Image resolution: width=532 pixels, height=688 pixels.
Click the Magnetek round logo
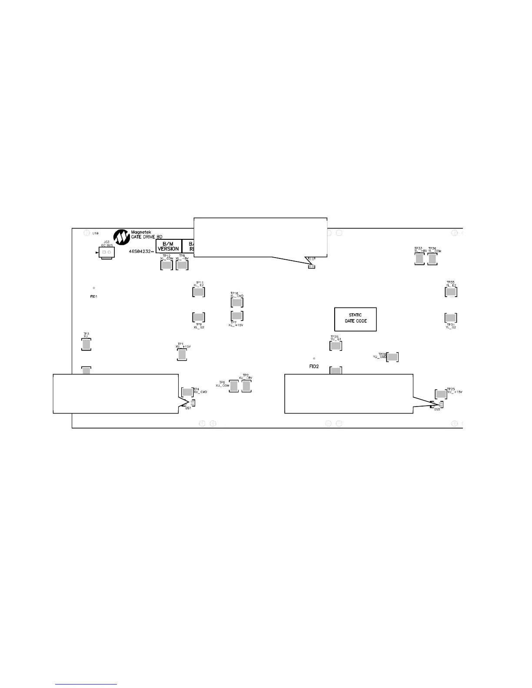121,237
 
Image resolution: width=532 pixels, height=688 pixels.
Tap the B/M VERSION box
168,246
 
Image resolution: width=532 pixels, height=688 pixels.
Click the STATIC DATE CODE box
355,319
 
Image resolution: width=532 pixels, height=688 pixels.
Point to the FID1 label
93,296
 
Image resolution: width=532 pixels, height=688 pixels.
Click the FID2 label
314,367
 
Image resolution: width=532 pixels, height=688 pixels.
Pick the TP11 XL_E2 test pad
199,292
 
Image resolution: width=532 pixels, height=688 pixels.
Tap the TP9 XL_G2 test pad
198,317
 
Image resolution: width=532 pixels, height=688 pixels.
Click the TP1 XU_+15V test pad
182,354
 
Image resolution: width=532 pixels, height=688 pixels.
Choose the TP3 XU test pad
86,344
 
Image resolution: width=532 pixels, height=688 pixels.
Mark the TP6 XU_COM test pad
234,386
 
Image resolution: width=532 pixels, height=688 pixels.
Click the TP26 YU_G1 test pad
336,346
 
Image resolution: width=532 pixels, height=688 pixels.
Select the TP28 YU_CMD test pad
392,357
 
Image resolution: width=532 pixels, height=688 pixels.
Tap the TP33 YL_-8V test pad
419,259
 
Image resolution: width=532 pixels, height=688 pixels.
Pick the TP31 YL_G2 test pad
451,318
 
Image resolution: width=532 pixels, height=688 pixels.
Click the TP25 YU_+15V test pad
441,394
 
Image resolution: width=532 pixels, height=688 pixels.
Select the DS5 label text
437,410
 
